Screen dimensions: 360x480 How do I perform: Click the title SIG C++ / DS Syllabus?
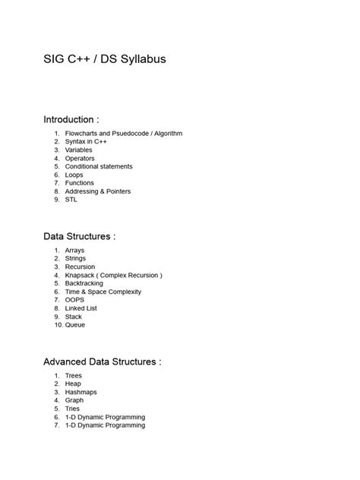point(104,58)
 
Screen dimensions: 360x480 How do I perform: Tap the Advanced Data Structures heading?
point(102,362)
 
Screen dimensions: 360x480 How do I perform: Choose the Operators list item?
point(80,158)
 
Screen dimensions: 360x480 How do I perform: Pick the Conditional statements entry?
point(99,166)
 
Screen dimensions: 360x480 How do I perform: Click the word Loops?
point(74,175)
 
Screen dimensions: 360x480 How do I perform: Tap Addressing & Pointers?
point(98,191)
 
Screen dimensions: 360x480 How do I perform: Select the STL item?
point(71,200)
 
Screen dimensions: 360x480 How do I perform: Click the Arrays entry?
point(75,250)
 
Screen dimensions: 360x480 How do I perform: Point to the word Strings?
point(76,258)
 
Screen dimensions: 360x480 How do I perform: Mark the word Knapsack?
point(81,275)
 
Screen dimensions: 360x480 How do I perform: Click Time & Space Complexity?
point(103,292)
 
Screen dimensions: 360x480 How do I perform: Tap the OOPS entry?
point(75,300)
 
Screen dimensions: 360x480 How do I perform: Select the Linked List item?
point(82,308)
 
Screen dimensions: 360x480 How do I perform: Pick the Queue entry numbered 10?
point(75,325)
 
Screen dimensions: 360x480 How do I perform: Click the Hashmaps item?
point(81,392)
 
